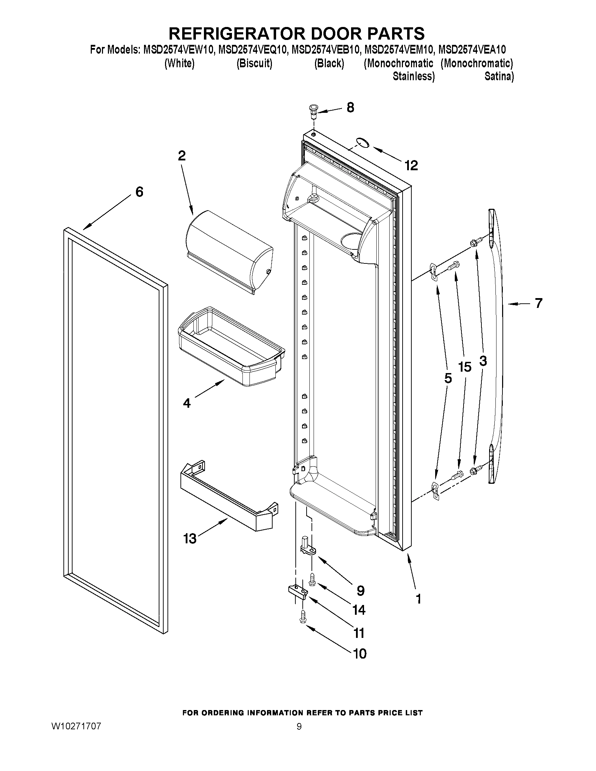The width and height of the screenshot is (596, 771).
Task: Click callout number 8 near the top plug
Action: (350, 107)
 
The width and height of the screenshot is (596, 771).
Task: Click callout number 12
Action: (411, 165)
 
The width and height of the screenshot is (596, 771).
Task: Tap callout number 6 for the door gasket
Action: (139, 192)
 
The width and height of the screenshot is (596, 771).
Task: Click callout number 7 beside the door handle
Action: (538, 303)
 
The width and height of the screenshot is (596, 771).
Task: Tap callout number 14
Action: (359, 610)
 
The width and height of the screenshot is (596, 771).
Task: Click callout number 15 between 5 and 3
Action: (465, 367)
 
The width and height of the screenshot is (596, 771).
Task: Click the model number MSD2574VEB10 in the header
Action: (325, 50)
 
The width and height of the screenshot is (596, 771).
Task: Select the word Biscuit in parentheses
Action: (254, 63)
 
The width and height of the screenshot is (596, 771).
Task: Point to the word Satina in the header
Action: (499, 76)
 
